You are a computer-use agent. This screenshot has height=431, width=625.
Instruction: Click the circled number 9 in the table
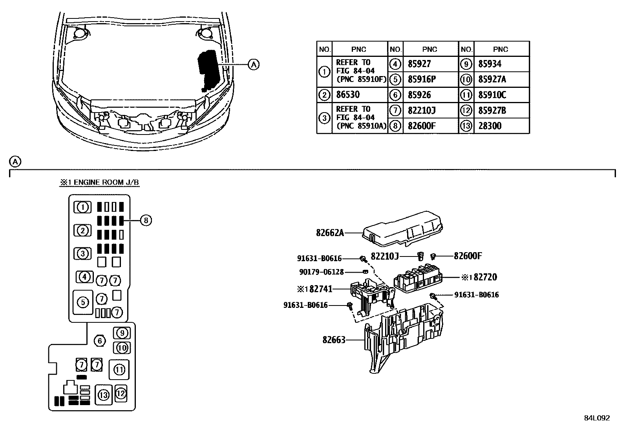(466, 64)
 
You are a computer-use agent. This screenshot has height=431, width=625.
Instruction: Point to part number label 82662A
(330, 233)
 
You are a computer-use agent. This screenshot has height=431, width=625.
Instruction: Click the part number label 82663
(334, 340)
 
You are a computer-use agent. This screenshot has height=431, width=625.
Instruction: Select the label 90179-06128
(321, 272)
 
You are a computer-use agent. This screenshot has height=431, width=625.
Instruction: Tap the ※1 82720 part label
(479, 277)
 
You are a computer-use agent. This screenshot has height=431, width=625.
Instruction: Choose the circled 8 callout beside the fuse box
(146, 220)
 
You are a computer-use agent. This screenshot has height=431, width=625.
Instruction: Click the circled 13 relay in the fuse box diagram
(104, 395)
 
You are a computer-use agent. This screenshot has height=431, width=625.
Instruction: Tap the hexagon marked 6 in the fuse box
(100, 341)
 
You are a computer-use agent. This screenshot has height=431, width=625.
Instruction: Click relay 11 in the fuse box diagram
(119, 369)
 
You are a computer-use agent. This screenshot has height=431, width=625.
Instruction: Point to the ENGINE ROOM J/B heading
(99, 182)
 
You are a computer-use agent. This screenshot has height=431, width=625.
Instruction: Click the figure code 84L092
(597, 418)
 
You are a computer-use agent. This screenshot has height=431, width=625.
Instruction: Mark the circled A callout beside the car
(254, 64)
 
